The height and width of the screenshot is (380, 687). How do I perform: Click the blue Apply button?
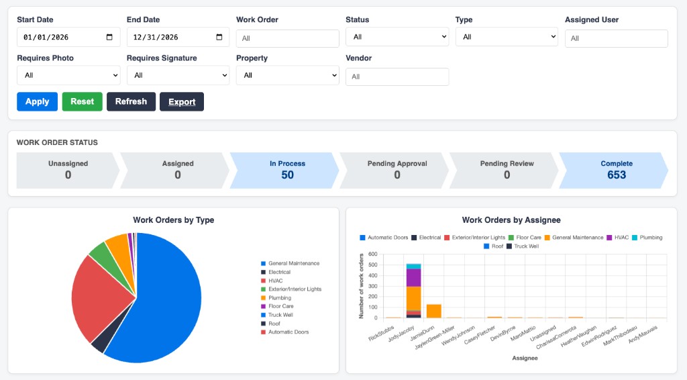coord(38,101)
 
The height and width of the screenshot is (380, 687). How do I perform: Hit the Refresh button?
coord(131,101)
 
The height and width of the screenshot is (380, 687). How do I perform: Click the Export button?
coord(182,101)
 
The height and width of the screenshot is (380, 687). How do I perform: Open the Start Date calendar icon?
coord(109,37)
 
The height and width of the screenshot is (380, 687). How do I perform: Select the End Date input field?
coord(178,37)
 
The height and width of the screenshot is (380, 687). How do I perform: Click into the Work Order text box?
coord(287,38)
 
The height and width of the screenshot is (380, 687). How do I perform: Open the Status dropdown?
coord(397,37)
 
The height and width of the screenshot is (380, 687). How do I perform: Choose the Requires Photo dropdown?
coord(68,75)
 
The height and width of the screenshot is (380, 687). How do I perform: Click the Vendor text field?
coord(397,77)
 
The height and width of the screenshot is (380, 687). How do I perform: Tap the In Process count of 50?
coord(287,175)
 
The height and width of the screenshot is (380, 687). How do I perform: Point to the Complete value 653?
coord(617,175)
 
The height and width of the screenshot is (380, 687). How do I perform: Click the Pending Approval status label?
coord(397,164)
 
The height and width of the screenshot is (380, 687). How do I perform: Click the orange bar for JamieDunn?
coord(434,312)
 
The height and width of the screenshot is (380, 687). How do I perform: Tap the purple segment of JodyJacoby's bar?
coord(413,278)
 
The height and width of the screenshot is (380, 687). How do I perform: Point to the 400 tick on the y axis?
coord(372,276)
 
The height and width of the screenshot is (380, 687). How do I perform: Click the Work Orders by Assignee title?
coord(511,220)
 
